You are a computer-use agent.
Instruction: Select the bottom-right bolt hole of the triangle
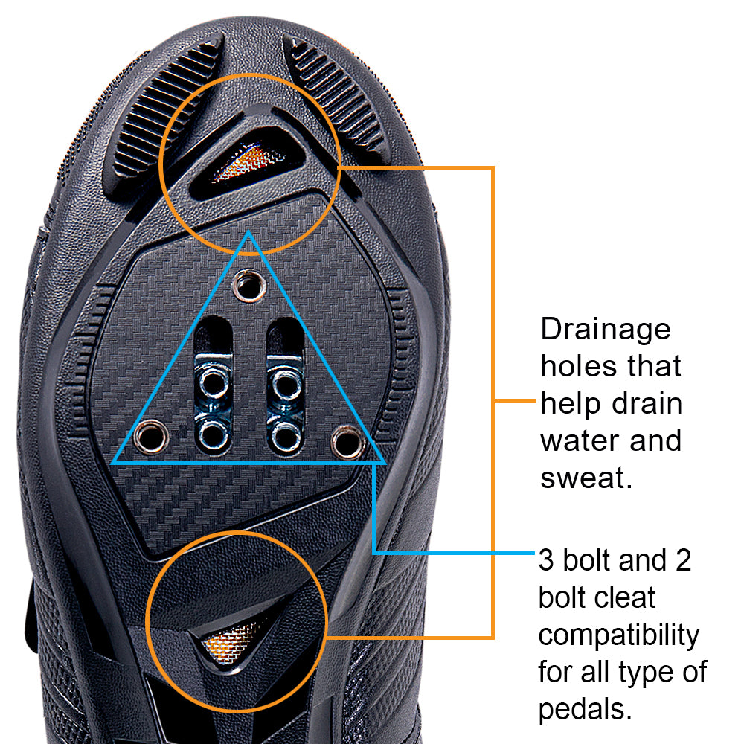click(x=346, y=441)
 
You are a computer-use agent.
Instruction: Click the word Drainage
click(x=605, y=329)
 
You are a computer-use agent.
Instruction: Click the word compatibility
click(x=619, y=635)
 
